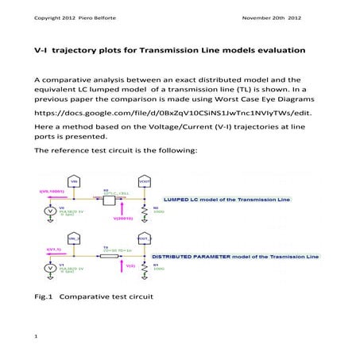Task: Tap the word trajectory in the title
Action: (83, 51)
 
